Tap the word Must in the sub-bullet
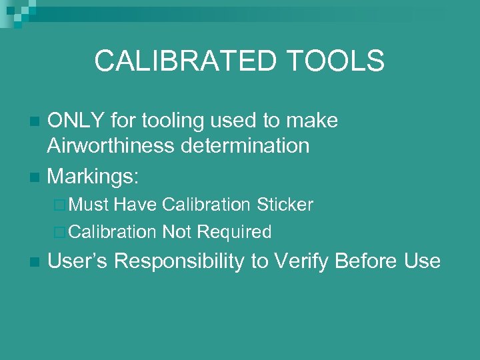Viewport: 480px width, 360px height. pyautogui.click(x=89, y=205)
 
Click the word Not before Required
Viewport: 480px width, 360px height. pyautogui.click(x=176, y=232)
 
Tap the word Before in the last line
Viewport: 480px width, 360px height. pyautogui.click(x=369, y=261)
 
